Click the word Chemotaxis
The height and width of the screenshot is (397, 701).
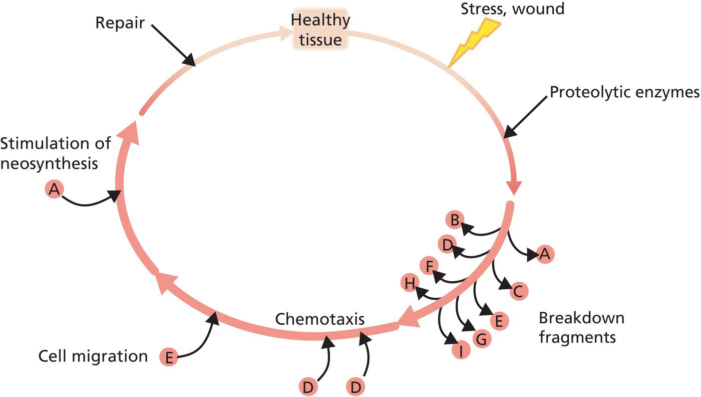click(x=319, y=318)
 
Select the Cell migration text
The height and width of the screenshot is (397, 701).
click(x=93, y=356)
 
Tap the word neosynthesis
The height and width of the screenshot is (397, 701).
click(x=49, y=164)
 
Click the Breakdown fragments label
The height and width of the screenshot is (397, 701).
click(x=581, y=327)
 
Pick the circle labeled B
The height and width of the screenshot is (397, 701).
click(x=455, y=220)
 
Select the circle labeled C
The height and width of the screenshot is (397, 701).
click(x=518, y=291)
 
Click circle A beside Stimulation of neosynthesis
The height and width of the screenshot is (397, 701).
click(x=55, y=189)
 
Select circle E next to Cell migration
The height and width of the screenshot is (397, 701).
click(x=169, y=357)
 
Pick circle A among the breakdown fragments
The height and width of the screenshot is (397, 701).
click(x=545, y=255)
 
